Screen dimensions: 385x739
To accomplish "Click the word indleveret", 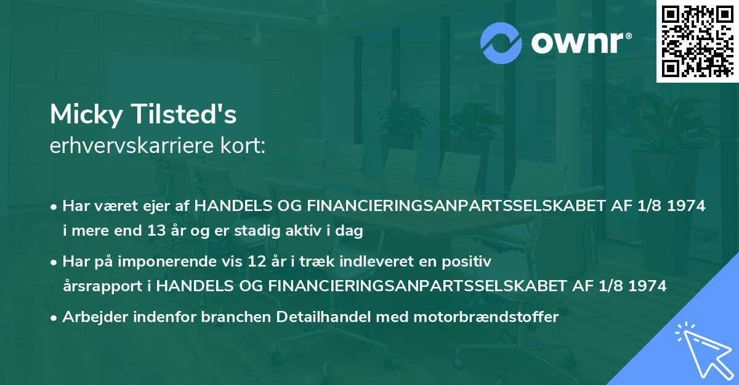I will (x=382, y=262).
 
